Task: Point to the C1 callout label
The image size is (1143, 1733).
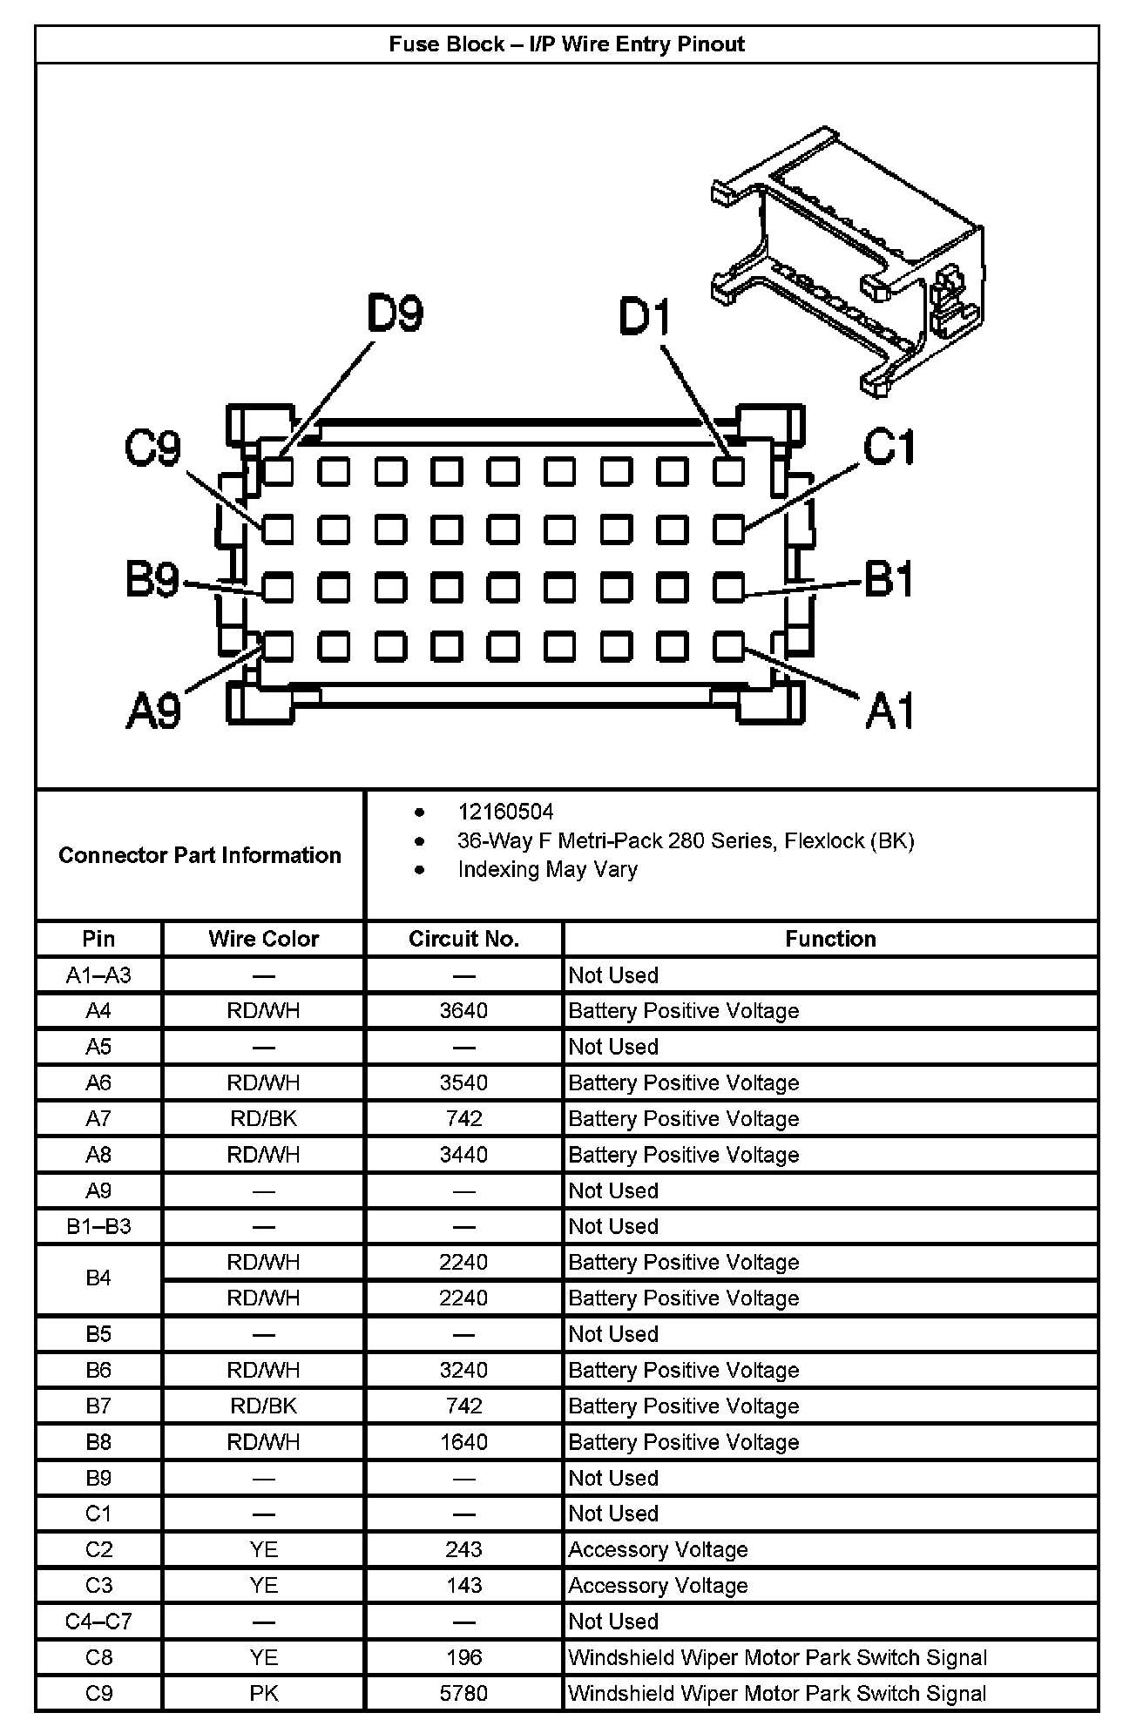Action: [x=889, y=448]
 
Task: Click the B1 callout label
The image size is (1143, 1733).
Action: [x=889, y=579]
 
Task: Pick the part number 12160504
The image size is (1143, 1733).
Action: [x=505, y=812]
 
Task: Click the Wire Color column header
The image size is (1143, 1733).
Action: [x=263, y=939]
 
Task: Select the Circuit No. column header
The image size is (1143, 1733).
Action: [x=463, y=939]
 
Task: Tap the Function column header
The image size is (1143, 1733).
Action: [x=830, y=939]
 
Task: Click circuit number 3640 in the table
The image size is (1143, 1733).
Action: [x=463, y=1011]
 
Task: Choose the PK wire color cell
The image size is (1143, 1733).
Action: [x=263, y=1694]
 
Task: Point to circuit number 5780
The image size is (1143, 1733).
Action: [x=463, y=1694]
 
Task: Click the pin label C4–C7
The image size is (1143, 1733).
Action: [x=98, y=1622]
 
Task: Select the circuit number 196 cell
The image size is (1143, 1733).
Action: [x=463, y=1657]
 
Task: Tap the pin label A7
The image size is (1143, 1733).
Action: [x=98, y=1119]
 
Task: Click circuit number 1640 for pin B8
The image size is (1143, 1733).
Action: [x=463, y=1442]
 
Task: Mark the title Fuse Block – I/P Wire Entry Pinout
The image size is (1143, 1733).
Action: [x=566, y=44]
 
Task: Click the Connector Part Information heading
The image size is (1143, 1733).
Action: [x=200, y=855]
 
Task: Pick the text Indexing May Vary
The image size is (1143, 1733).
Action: [x=547, y=869]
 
